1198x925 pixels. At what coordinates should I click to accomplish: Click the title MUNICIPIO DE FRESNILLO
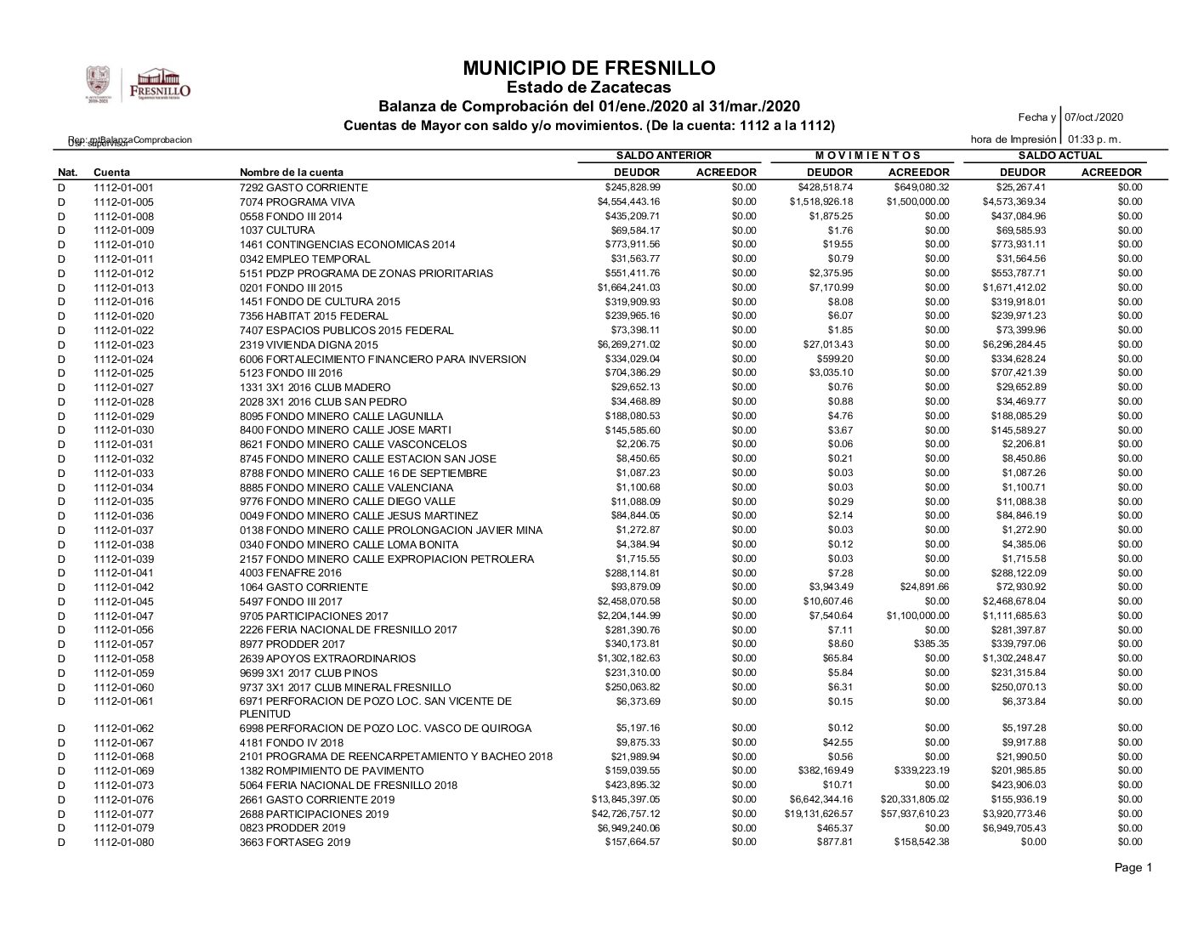point(589,68)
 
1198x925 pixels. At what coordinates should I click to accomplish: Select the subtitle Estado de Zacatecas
point(588,88)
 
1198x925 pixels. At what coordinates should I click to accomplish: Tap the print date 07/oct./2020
point(1094,117)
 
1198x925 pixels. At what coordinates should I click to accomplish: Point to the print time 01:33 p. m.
point(1094,139)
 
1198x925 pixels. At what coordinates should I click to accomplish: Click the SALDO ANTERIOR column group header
point(663,156)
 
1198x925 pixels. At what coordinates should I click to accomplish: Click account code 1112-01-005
point(124,202)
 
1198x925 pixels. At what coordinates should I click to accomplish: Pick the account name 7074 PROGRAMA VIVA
point(297,202)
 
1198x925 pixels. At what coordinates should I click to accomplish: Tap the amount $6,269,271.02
point(628,344)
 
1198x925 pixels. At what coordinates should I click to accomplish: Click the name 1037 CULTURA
point(277,230)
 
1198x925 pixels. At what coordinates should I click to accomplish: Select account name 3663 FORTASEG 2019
point(295,843)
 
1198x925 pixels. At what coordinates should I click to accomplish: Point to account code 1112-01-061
point(124,701)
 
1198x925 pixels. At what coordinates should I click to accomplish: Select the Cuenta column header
point(111,173)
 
